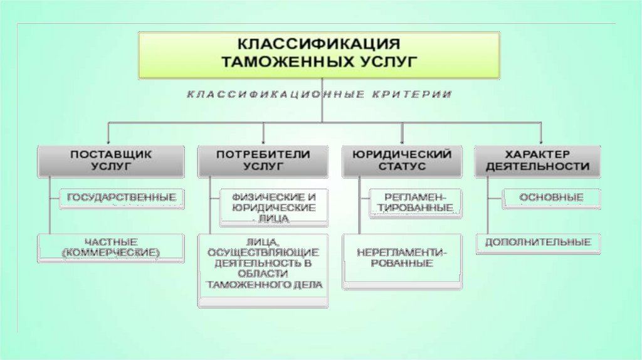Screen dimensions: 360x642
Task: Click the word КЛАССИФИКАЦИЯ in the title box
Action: (x=318, y=45)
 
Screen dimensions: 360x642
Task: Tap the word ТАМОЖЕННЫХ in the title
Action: (x=283, y=62)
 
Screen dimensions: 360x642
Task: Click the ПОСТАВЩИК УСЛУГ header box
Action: (x=111, y=161)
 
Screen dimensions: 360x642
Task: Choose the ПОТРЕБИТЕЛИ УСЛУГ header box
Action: (x=263, y=161)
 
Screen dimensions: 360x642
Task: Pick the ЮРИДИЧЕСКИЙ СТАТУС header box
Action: (x=402, y=161)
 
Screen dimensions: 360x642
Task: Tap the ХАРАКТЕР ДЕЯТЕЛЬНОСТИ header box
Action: (x=537, y=161)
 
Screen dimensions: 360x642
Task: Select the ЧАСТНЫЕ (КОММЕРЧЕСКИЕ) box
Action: (x=112, y=247)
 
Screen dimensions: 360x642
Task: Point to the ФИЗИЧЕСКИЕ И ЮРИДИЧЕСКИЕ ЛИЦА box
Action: (x=273, y=208)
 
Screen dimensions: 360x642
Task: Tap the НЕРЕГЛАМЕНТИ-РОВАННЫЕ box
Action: (x=402, y=259)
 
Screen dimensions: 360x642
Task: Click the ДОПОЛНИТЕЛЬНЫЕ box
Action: (x=537, y=243)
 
